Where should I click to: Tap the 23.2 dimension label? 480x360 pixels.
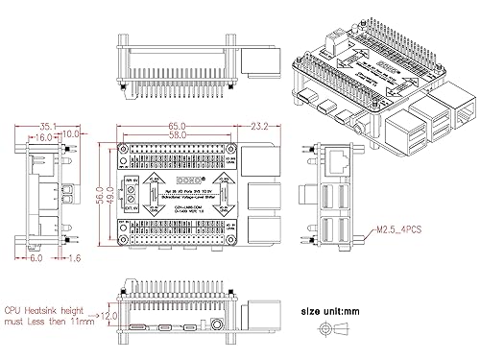tap(258, 126)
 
